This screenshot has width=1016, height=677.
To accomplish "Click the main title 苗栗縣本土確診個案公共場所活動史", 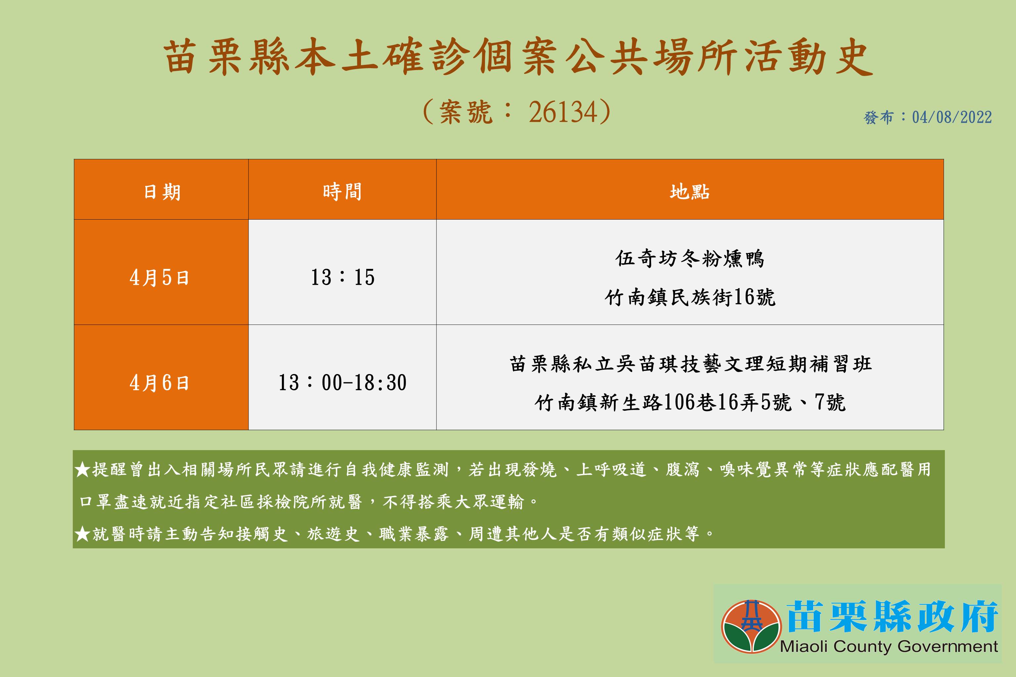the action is tap(518, 58).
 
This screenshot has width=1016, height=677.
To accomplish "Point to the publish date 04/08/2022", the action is tap(952, 117).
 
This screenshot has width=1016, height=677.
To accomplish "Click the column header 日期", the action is tap(162, 192).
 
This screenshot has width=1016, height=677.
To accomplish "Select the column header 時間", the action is tap(342, 192).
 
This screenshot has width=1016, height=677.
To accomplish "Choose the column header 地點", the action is tap(689, 192).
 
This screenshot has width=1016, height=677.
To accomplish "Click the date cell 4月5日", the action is tap(159, 277).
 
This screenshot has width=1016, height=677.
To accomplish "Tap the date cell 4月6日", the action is tap(159, 383).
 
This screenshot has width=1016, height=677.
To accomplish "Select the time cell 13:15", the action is tap(342, 277).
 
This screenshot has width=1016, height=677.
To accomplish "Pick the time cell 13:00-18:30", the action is tap(342, 383).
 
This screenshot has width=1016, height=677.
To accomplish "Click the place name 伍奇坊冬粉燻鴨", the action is tap(689, 259).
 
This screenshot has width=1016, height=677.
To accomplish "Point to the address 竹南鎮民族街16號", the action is tap(689, 297).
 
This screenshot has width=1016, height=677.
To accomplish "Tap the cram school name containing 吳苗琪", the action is tap(690, 364).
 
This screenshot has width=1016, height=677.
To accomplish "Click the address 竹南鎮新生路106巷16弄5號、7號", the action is tap(689, 402).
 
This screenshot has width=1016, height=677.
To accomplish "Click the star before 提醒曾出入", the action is tap(82, 469).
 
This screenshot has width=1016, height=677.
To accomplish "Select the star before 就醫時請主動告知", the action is tap(82, 534).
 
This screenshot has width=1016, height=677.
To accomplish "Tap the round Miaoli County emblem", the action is tap(751, 626).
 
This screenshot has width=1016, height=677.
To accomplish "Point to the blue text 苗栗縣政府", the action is tap(892, 616).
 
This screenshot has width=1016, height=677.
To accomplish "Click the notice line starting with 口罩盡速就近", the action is tap(308, 502).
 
